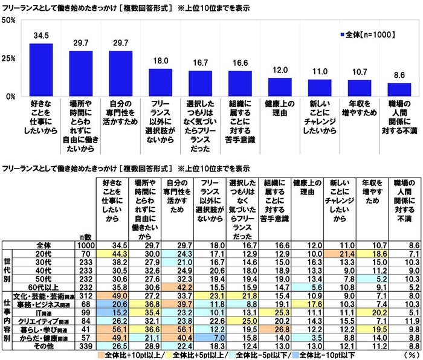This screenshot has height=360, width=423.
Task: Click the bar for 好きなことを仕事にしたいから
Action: point(40,69)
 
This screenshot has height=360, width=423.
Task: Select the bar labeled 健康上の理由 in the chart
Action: point(280,86)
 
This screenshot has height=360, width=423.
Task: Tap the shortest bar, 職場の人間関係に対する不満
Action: point(399,89)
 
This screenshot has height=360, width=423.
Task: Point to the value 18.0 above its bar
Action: point(160,62)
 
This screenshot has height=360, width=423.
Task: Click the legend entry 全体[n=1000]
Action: point(365,35)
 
